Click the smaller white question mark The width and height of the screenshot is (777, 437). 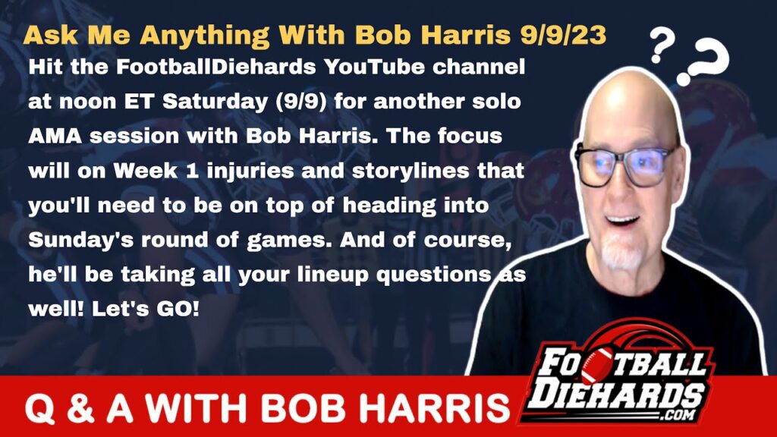coord(663,45)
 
